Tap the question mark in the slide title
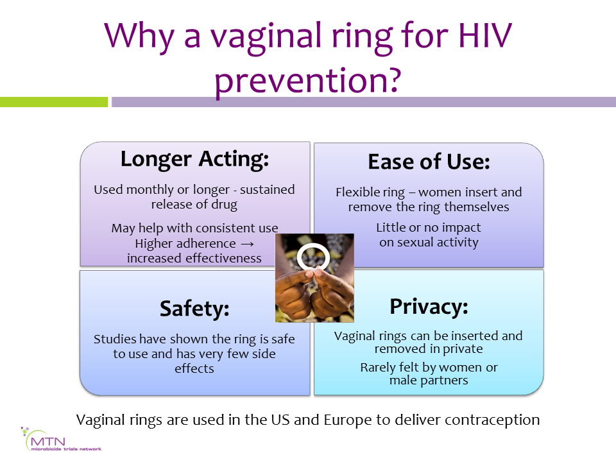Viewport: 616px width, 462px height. [391, 80]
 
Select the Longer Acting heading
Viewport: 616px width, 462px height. [194, 160]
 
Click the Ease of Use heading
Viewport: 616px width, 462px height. [429, 162]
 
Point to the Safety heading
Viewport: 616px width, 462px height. [194, 309]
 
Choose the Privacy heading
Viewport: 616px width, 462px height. [429, 307]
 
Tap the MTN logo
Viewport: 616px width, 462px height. [61, 439]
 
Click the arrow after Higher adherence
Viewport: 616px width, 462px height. [247, 244]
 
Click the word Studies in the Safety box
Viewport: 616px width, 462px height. [115, 339]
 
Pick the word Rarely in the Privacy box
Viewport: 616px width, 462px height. [377, 368]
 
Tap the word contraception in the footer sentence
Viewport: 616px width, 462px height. [492, 420]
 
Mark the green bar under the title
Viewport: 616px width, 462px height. [54, 102]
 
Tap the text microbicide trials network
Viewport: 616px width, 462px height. [66, 449]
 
